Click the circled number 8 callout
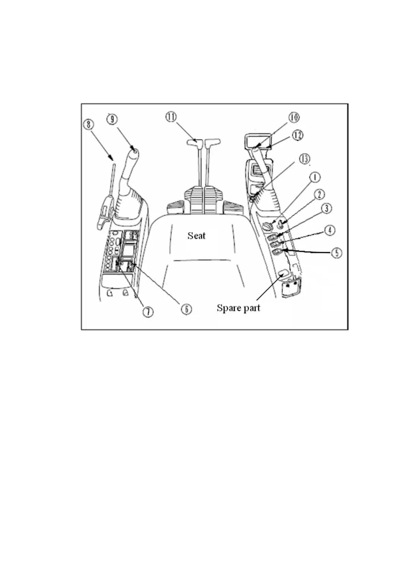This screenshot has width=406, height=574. (89, 124)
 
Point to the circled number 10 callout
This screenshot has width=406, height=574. (294, 117)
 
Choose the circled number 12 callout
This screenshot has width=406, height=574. (298, 135)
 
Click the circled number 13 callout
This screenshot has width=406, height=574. (305, 158)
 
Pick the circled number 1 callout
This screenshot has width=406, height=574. (315, 177)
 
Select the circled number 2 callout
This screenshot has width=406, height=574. (320, 195)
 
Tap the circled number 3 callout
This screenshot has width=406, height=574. (327, 208)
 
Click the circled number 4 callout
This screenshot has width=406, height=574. (330, 230)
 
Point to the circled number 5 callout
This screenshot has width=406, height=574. (337, 253)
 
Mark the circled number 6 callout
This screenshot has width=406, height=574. (186, 309)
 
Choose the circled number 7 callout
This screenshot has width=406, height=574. (148, 312)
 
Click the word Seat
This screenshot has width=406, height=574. (197, 236)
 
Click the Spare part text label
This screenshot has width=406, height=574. (238, 308)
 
